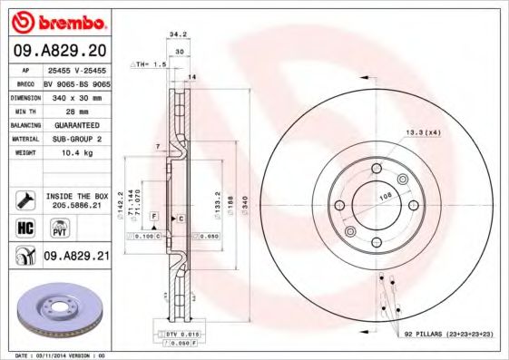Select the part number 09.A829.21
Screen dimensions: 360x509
coord(76,257)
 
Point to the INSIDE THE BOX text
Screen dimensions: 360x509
coord(76,195)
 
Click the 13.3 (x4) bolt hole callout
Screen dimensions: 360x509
coord(424,132)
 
